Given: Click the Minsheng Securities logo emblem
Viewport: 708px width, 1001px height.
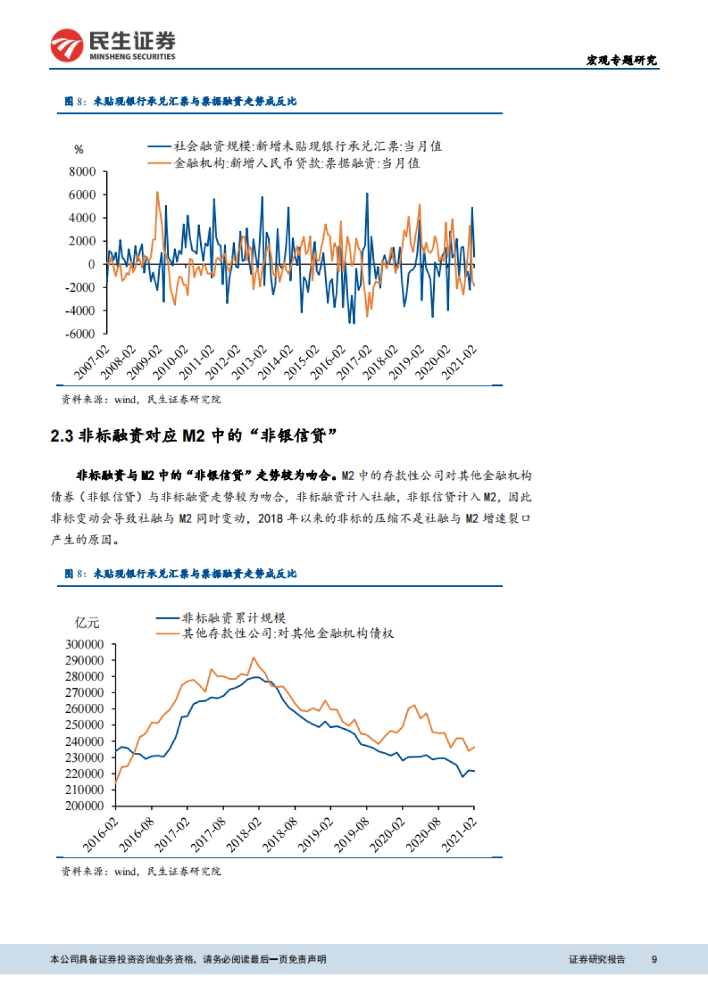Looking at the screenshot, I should coord(67,45).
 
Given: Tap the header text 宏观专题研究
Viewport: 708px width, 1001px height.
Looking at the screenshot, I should coord(621,60).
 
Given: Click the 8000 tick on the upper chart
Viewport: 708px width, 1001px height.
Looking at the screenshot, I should coord(82,172).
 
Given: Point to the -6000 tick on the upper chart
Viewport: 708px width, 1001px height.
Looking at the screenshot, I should coord(80,334).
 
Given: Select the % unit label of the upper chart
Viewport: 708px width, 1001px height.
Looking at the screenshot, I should coord(79,150).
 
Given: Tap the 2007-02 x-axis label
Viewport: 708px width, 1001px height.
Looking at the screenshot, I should coord(91,362).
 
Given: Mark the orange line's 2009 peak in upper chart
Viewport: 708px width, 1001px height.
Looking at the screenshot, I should coord(158,192).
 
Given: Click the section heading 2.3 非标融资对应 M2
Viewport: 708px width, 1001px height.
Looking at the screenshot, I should coord(194,436).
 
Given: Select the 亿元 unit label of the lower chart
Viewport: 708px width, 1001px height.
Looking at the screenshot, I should coord(87,623).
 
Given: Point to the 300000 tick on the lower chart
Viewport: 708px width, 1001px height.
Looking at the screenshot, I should coord(84,644).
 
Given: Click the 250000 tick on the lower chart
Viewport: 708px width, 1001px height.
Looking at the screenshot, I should coord(84,725).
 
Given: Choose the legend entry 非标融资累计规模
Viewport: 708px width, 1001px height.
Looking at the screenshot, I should coord(234,618).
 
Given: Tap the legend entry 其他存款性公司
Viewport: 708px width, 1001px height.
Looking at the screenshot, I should coord(287,634).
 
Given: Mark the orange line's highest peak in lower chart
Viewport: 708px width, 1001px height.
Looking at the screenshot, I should coord(254,657).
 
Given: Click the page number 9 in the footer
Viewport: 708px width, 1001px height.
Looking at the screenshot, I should coord(654,959).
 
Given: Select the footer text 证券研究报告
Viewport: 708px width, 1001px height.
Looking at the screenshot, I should coord(596,959).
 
